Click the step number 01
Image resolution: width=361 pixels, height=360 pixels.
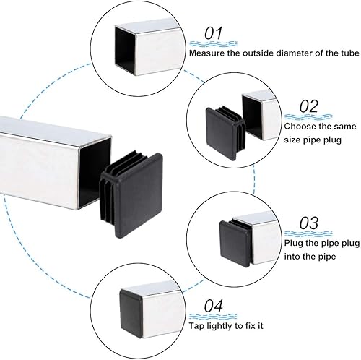(x=214, y=33)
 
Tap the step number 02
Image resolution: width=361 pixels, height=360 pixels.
(x=309, y=106)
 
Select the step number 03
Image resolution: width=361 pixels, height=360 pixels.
(x=309, y=223)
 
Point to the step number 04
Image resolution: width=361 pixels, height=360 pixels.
(x=214, y=306)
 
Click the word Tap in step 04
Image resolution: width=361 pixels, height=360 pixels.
(x=196, y=326)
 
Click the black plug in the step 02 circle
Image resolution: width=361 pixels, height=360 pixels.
(x=225, y=132)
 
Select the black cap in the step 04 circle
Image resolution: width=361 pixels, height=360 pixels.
(x=131, y=312)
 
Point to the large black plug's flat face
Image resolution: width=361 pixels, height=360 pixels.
(x=139, y=195)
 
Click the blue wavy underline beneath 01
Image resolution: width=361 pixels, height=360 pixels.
(x=213, y=44)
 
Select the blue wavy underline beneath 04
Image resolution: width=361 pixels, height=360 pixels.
(x=213, y=317)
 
